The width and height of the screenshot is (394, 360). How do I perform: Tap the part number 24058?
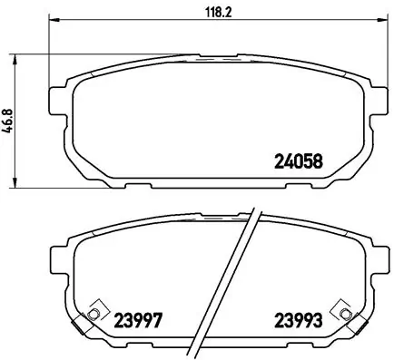(299, 163)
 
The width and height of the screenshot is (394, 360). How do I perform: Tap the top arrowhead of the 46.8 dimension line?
(20, 56)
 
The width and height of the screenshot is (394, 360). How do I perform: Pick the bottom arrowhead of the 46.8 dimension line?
(20, 185)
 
